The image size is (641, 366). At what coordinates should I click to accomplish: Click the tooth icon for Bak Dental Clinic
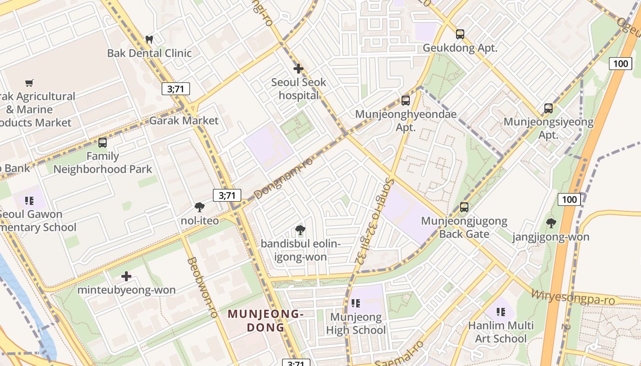[149, 39]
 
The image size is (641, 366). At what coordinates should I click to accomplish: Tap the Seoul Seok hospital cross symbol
[299, 69]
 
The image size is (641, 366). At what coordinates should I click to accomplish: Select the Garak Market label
[184, 121]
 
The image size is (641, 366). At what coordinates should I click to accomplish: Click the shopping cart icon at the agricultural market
[29, 83]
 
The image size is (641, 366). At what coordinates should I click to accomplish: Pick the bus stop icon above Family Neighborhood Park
[103, 142]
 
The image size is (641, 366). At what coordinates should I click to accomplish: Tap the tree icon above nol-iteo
[200, 207]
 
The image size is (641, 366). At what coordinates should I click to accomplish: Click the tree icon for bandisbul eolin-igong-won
[300, 230]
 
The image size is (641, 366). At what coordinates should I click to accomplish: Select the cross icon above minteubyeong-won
[126, 276]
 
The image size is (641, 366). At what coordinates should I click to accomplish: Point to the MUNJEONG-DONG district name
[266, 321]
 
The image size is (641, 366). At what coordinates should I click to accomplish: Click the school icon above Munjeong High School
[356, 303]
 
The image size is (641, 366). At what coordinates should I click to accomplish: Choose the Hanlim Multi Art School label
[501, 332]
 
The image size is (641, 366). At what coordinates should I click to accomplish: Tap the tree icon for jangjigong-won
[551, 223]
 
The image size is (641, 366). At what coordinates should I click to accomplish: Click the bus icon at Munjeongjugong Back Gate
[464, 207]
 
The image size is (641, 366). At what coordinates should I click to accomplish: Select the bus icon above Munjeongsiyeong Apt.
[549, 108]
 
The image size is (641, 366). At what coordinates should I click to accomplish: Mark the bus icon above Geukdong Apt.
[460, 34]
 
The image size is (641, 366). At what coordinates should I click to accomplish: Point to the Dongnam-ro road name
[283, 178]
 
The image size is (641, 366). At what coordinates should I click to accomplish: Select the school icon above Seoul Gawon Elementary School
[30, 200]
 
